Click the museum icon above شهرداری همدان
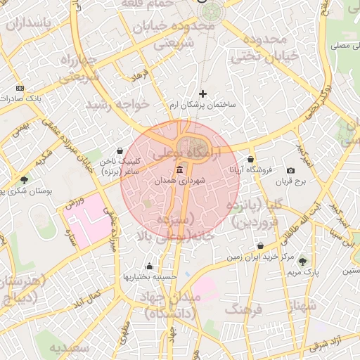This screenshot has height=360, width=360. coord(180,170)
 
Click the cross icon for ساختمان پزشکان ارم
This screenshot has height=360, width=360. coord(203,93)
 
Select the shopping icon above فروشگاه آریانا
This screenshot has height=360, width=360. coord(251,159)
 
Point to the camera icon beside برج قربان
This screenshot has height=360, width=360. coord(291,171)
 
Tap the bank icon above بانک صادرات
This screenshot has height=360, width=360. coord(20,88)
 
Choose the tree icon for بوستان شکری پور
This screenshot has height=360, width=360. coord(25,180)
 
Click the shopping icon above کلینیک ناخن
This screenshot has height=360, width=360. coord(120,150)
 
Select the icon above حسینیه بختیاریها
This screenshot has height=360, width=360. coord(149,266)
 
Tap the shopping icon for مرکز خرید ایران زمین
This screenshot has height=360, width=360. coord(261,246)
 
